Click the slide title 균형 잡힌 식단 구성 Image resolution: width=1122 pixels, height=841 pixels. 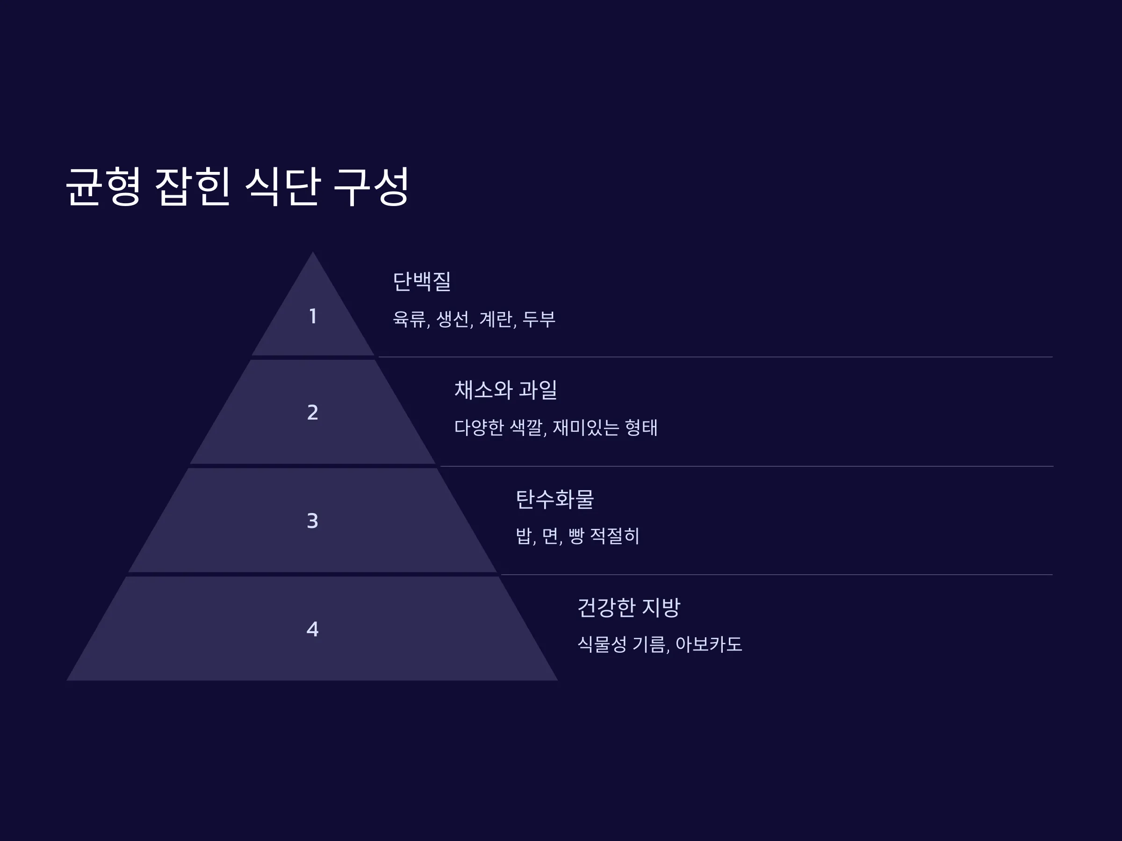[x=237, y=186]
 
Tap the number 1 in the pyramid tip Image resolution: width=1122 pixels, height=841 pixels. [x=313, y=316]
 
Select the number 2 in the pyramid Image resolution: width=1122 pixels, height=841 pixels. [x=313, y=413]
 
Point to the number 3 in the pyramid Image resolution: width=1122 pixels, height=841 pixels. [x=312, y=521]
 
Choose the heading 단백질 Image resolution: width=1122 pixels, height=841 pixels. [x=422, y=281]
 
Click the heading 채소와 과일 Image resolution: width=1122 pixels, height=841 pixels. [x=506, y=390]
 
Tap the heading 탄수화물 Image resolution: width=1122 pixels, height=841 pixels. [x=555, y=499]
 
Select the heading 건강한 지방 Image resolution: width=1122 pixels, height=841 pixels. [x=629, y=607]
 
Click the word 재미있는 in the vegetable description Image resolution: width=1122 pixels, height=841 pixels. [x=586, y=428]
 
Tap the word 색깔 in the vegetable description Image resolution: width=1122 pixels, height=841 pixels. [x=526, y=428]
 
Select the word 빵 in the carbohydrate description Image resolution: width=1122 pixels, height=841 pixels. [x=576, y=536]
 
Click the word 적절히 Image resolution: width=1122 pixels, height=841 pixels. [x=615, y=536]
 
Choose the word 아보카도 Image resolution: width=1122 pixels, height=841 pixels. [x=709, y=645]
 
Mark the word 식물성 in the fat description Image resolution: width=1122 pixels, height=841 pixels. [x=602, y=645]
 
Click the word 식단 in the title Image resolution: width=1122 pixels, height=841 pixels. [x=282, y=186]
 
